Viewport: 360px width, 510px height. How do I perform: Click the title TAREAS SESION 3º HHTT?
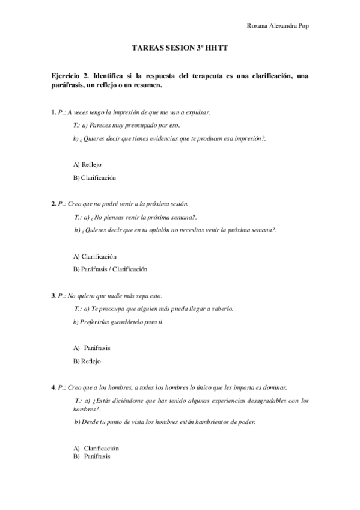[x=180, y=52]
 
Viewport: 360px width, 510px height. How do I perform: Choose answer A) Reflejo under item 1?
[x=88, y=164]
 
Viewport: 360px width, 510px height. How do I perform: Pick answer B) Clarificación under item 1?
[x=94, y=177]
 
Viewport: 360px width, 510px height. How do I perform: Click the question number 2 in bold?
[x=53, y=204]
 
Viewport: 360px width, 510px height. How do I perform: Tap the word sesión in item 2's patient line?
[x=178, y=204]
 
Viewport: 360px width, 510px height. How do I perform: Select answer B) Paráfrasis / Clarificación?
[x=110, y=269]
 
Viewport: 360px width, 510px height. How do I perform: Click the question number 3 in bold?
[x=53, y=295]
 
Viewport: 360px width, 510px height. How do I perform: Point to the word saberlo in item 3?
[x=219, y=309]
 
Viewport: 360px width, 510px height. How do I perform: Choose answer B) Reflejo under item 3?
[x=87, y=361]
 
